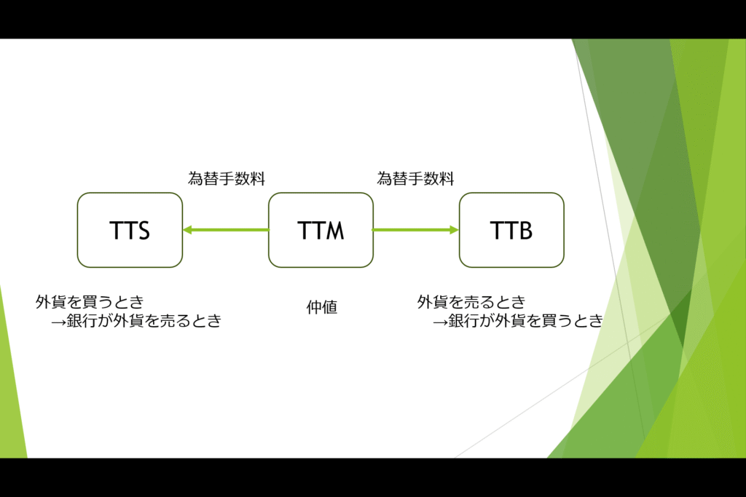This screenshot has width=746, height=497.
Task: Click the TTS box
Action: tap(130, 230)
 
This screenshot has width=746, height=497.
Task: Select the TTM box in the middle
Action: tap(321, 230)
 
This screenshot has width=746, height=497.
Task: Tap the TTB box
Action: tap(511, 230)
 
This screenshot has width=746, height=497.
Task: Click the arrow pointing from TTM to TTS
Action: tap(226, 230)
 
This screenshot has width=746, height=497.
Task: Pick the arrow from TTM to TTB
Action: tap(416, 230)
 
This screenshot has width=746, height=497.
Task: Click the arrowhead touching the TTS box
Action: tap(187, 230)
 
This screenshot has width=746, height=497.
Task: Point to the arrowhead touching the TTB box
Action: tap(455, 230)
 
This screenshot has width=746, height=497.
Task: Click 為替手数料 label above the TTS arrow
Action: tap(227, 179)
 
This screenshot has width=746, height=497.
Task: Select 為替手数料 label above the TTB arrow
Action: tap(415, 179)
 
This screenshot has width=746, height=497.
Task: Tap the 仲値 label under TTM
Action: tap(322, 307)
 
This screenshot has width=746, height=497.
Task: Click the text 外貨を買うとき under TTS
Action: tap(90, 302)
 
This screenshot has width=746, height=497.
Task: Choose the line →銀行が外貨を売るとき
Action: tap(136, 321)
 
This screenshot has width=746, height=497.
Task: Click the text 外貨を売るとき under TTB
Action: tap(471, 302)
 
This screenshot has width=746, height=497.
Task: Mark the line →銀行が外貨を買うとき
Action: tap(519, 321)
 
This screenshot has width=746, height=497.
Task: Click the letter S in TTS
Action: tap(143, 231)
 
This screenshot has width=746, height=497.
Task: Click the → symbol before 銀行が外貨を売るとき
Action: tap(58, 322)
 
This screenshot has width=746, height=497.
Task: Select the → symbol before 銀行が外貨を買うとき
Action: tap(441, 322)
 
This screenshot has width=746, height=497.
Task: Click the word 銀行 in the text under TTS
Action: tap(82, 321)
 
